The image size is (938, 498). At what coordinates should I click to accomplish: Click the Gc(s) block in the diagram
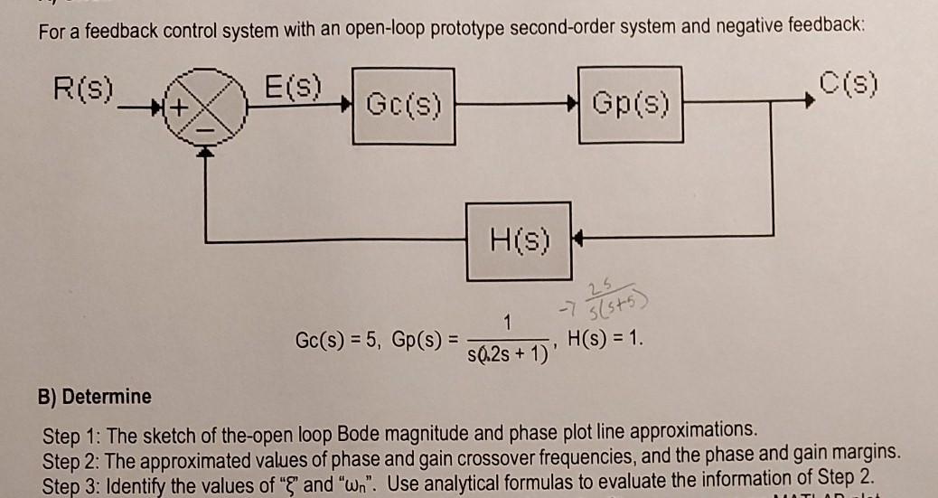click(403, 105)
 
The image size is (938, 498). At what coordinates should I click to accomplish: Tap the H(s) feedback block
click(512, 242)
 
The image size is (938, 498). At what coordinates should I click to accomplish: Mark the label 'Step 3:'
click(72, 473)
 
